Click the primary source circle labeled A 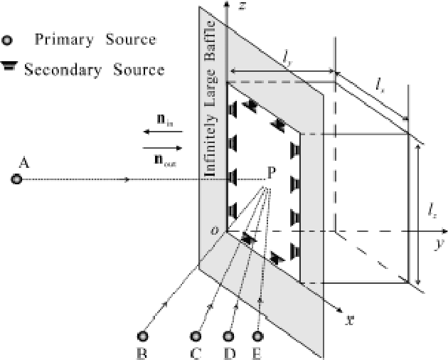click(x=16, y=179)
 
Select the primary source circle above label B click(x=143, y=335)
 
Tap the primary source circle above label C click(x=198, y=335)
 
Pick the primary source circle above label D click(x=229, y=335)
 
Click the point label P click(x=271, y=172)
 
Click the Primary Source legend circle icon click(x=9, y=40)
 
